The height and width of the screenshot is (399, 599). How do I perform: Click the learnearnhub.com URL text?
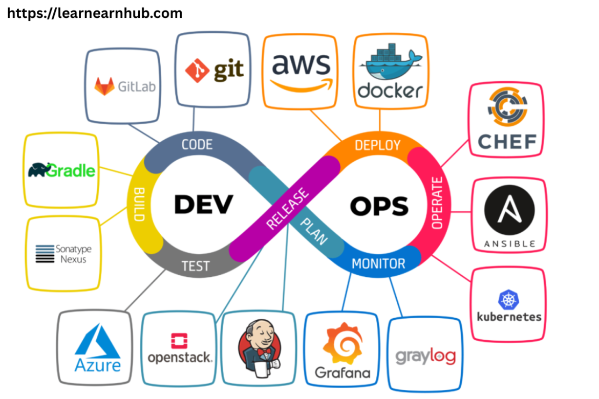95,13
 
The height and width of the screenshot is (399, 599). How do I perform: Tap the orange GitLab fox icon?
104,86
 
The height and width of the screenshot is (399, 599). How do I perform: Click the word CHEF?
507,141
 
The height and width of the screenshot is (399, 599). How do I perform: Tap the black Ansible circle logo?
509,210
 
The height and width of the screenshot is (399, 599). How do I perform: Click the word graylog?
425,356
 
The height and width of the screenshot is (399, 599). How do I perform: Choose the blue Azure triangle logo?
97,341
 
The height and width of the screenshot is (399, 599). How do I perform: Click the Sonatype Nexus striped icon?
45,254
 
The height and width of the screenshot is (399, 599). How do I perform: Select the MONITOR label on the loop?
378,263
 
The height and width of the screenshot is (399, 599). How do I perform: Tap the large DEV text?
203,205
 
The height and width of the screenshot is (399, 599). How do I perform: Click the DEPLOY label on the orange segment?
377,145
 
